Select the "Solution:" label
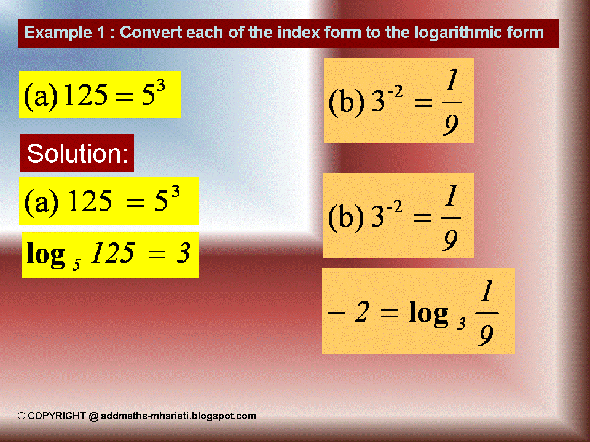[77, 153]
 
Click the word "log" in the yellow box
[45, 255]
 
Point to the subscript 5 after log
[77, 262]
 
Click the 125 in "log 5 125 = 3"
[112, 253]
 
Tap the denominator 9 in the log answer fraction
[486, 335]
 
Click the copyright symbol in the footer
[22, 416]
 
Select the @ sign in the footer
[93, 416]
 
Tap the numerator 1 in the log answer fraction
[486, 293]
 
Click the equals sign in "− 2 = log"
[389, 313]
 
